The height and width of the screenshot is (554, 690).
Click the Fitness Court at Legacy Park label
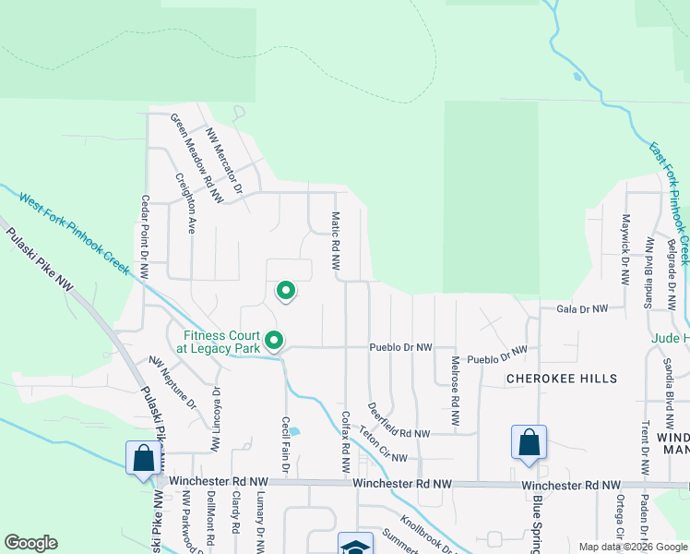223,343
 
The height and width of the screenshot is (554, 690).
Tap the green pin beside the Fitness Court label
274,342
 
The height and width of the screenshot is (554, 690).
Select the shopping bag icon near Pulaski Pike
143,458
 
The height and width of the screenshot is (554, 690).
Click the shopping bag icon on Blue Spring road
529,442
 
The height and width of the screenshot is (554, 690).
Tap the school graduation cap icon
355,545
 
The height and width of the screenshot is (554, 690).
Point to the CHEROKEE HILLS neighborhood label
561,379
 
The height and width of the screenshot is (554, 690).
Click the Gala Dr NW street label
582,308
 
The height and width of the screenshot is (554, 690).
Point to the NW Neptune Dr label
173,382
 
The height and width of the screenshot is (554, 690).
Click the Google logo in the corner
31,543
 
